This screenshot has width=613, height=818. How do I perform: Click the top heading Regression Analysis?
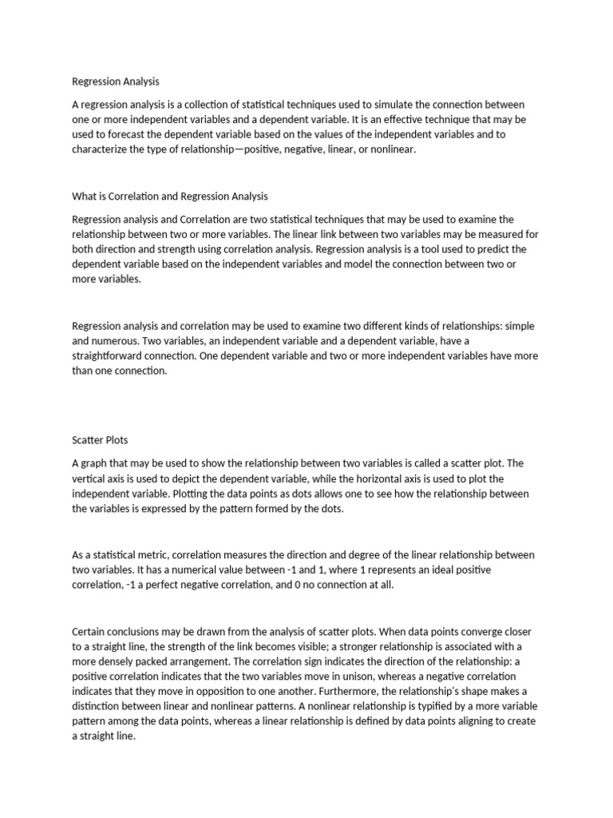pyautogui.click(x=116, y=81)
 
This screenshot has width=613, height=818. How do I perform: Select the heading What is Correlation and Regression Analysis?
pyautogui.click(x=170, y=196)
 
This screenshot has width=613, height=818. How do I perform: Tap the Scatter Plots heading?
pyautogui.click(x=100, y=440)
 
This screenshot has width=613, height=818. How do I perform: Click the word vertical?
pyautogui.click(x=88, y=478)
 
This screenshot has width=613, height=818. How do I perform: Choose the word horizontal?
pyautogui.click(x=408, y=478)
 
